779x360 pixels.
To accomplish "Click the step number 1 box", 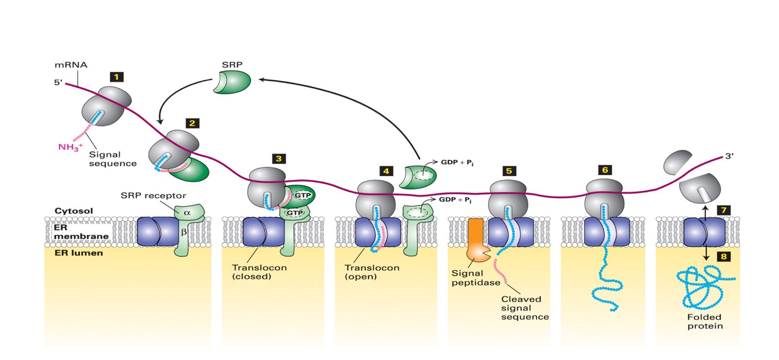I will pos(116,77).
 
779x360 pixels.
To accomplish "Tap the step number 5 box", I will pos(509,171).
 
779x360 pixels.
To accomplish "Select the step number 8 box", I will pos(724,256).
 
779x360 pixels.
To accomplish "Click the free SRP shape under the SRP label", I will pos(232,82).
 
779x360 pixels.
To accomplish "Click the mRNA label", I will pos(71,65).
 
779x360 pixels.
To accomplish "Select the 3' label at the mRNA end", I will pos(729,156).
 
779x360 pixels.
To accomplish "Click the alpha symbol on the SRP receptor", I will pos(187,213).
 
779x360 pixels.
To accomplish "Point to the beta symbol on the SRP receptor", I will pos(184,232).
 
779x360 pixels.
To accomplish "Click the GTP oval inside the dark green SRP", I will pos(303,195).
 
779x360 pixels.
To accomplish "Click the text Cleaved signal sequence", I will pos(524,308).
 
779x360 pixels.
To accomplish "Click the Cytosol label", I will pos(73,211).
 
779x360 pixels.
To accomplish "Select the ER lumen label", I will pos(79,253).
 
